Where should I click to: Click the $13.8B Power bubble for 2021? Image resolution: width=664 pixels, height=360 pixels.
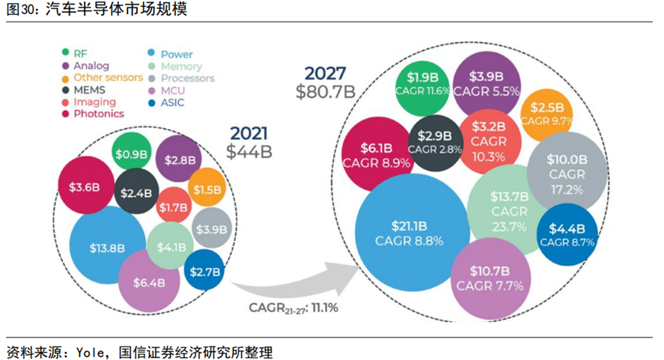coord(106,247)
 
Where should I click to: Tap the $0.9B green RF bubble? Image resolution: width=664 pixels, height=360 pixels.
coord(133,154)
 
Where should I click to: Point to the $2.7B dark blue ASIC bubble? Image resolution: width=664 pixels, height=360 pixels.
coord(204,272)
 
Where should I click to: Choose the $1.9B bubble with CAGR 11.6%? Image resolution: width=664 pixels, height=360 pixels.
coord(428,83)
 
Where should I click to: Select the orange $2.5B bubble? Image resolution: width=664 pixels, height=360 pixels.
coord(546,112)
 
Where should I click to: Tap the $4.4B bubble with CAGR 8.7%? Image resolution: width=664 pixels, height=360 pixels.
coord(567,234)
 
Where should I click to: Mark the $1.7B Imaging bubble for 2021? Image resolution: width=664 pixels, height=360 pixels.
coord(173,207)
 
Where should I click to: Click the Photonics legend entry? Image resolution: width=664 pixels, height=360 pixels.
coord(98,114)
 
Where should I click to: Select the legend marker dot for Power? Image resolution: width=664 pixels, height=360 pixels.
coord(152,54)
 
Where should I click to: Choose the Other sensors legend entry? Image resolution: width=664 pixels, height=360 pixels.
coord(104,78)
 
